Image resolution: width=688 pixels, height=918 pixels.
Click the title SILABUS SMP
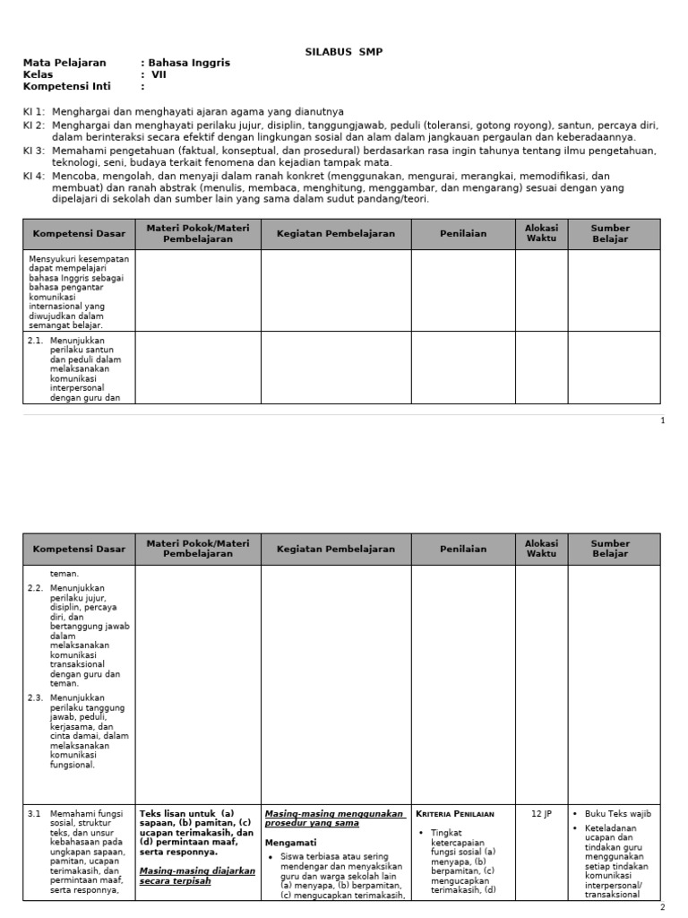344,52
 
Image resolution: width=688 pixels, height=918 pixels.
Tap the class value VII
159,75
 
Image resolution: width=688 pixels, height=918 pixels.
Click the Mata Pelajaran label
64,64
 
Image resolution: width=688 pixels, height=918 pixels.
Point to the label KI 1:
34,112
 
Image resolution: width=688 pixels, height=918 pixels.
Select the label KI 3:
34,151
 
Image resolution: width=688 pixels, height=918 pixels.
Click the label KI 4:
34,177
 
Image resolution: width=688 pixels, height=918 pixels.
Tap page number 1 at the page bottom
662,421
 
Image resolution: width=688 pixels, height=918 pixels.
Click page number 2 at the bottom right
662,908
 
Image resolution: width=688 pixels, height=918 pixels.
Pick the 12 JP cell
542,814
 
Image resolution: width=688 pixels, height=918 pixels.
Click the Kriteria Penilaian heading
454,814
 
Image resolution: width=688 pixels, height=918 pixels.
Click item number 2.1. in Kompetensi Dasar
36,342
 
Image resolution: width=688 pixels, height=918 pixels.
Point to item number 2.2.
36,587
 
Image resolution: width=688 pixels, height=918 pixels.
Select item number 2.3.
36,697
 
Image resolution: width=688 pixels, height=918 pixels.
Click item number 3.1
35,814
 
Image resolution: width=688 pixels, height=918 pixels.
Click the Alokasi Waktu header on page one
541,234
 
